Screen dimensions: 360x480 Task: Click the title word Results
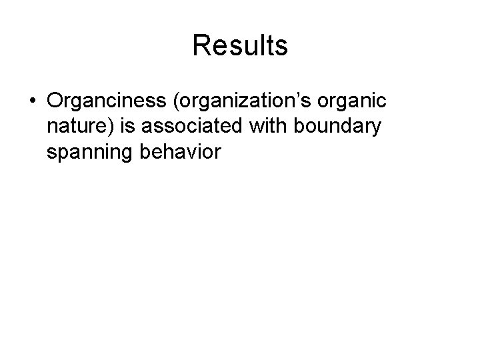click(240, 45)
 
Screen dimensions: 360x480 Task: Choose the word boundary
click(344, 127)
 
